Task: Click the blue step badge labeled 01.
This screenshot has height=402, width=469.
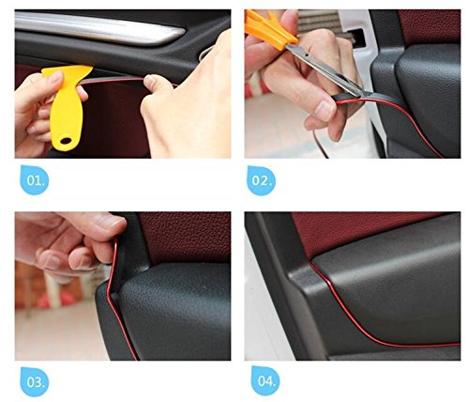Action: pyautogui.click(x=35, y=180)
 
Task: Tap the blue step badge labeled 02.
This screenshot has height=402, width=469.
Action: pyautogui.click(x=261, y=180)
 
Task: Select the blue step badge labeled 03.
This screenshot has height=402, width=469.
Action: pyautogui.click(x=35, y=382)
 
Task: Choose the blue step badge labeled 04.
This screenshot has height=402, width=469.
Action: pyautogui.click(x=265, y=380)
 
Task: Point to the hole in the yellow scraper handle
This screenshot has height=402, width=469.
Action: pyautogui.click(x=66, y=141)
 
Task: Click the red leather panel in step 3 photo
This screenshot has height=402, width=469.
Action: pyautogui.click(x=186, y=237)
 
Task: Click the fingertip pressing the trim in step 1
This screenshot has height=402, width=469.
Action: pyautogui.click(x=153, y=82)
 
